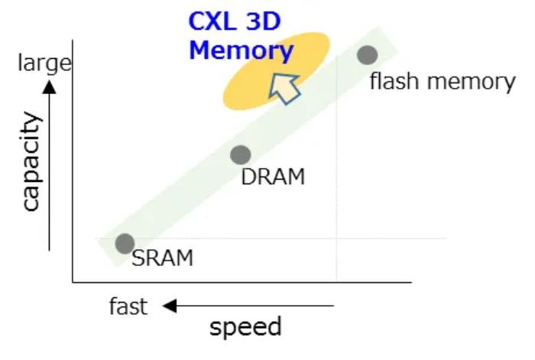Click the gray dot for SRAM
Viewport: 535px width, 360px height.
[125, 243]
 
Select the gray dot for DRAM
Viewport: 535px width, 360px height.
[241, 155]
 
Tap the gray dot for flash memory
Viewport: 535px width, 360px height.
[368, 55]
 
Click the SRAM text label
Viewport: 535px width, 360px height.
[162, 258]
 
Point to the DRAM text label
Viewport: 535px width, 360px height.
[273, 177]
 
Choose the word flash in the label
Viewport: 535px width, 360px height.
[393, 81]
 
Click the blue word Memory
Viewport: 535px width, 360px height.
[241, 50]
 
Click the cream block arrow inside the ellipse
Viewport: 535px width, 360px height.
[285, 86]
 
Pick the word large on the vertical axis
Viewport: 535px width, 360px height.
[44, 63]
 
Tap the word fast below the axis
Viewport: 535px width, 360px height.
[128, 306]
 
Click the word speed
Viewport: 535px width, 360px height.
[245, 326]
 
